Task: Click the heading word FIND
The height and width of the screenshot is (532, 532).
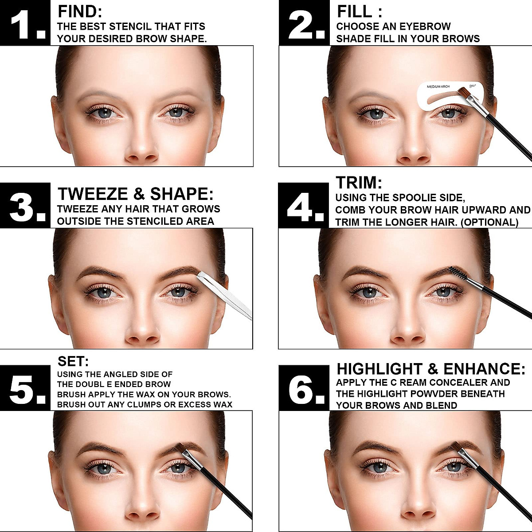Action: pyautogui.click(x=80, y=12)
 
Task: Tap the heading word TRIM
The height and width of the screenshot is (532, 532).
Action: pyautogui.click(x=358, y=183)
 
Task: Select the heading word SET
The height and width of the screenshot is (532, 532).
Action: pyautogui.click(x=73, y=361)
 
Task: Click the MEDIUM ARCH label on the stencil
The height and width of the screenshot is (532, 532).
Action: pyautogui.click(x=439, y=87)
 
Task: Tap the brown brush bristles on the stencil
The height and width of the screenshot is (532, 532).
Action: pyautogui.click(x=463, y=93)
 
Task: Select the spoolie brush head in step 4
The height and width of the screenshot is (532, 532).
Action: pyautogui.click(x=458, y=274)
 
